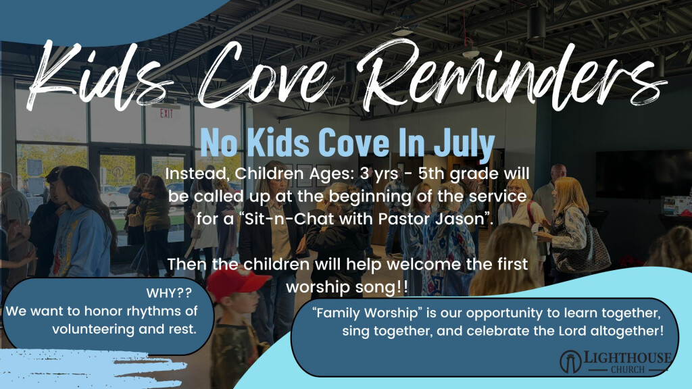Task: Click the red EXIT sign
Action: (166, 113)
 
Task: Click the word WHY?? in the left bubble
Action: (169, 293)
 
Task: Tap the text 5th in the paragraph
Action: (431, 174)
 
